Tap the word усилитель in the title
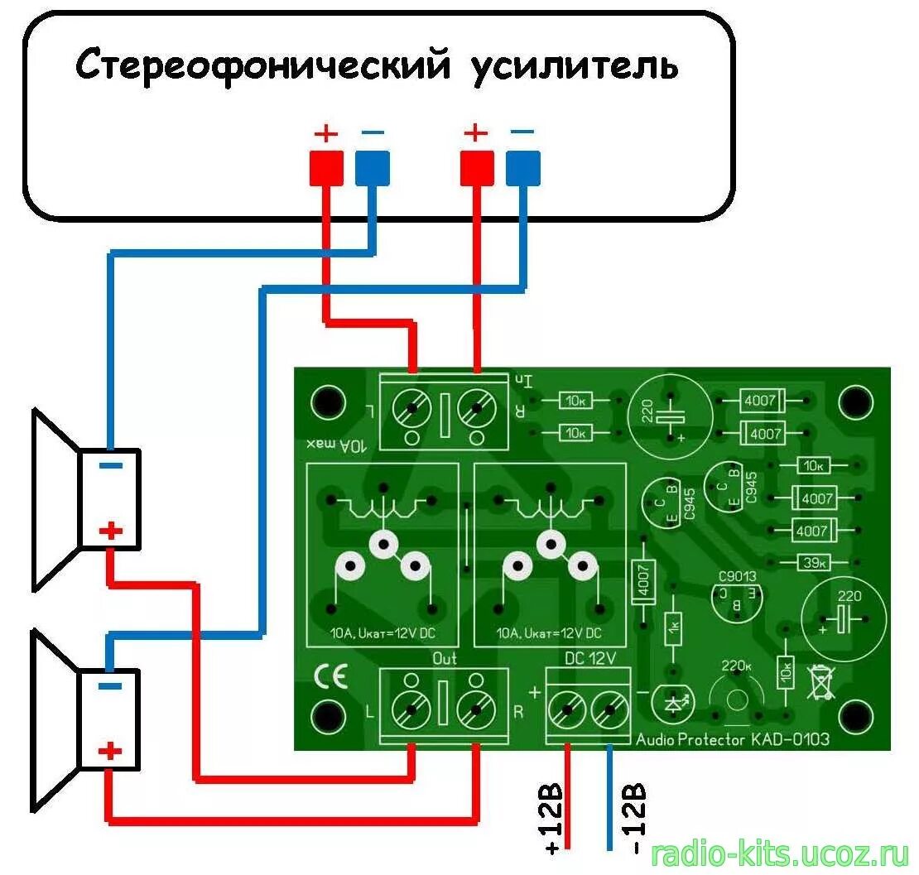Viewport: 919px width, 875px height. [575, 65]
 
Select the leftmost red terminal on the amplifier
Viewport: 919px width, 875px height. [326, 168]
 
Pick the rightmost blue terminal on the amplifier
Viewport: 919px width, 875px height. [522, 168]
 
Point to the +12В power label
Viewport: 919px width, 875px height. [553, 816]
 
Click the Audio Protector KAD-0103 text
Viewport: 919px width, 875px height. [732, 739]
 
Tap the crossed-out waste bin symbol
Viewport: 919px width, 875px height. [820, 682]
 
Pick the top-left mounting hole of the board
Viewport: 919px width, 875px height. [328, 402]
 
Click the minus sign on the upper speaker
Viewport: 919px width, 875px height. [110, 465]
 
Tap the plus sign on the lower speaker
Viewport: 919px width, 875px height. [109, 752]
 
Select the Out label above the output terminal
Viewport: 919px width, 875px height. [445, 659]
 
